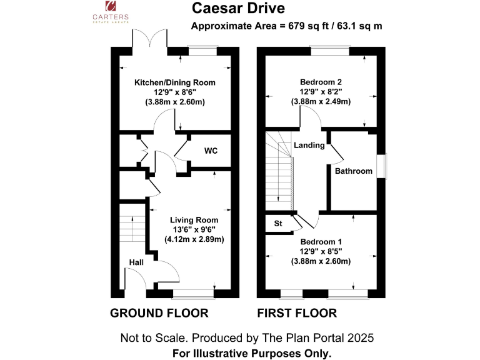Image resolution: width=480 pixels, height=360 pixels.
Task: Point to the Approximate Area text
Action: [286, 26]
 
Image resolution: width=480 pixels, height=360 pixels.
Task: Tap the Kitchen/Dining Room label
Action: [175, 82]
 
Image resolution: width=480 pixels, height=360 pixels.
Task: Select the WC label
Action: [211, 151]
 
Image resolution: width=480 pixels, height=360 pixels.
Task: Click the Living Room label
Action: [194, 220]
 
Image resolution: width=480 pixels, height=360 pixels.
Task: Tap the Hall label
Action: [136, 262]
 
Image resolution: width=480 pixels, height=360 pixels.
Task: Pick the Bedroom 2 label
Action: [321, 82]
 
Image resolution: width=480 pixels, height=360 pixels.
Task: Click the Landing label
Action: [309, 146]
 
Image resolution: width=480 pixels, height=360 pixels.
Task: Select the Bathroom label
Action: [354, 171]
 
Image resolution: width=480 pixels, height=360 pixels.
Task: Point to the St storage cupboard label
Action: [278, 223]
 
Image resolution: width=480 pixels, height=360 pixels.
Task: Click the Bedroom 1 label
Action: [321, 242]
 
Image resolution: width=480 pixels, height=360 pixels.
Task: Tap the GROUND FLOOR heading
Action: [159, 313]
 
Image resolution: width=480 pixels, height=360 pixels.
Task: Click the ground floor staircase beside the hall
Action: [132, 228]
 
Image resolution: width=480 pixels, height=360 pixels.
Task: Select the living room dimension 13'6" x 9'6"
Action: [194, 229]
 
